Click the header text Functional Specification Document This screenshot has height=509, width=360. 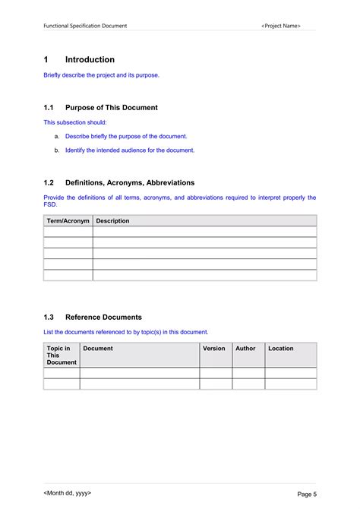(85, 26)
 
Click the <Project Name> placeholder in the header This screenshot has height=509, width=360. (280, 26)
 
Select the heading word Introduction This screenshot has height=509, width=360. (90, 60)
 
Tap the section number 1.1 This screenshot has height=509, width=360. (49, 108)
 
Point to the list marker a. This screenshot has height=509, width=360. (57, 136)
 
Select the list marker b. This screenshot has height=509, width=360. (57, 150)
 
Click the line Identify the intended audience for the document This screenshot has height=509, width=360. (130, 150)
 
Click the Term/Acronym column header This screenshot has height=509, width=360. (68, 221)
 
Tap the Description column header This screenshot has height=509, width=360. (113, 221)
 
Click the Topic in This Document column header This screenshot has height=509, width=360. (62, 356)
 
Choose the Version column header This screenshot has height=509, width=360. (214, 349)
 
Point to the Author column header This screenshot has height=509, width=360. (245, 349)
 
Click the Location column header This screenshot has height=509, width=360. (280, 349)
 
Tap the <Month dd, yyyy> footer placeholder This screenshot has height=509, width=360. (68, 494)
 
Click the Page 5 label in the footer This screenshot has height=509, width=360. (307, 495)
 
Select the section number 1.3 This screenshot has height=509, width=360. (49, 317)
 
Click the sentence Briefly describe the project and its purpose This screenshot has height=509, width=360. (101, 75)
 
